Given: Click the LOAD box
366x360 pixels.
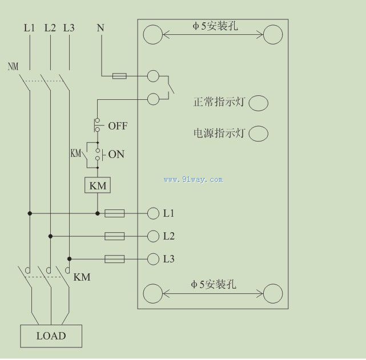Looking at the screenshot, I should tap(51, 336).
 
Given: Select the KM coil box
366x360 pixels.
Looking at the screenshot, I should tap(97, 185).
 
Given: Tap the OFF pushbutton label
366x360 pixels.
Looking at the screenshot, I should tap(118, 126).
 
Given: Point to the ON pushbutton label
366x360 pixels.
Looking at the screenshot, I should tap(116, 154).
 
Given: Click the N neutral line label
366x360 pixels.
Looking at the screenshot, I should tap(100, 27).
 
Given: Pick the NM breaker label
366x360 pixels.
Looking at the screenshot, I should tap(13, 66).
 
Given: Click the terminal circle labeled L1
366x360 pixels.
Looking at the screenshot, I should tap(153, 213).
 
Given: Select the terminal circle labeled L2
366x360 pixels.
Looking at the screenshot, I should tap(153, 236).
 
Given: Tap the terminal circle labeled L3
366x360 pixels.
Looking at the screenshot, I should tap(153, 259).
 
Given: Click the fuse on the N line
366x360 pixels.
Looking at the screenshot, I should tap(119, 75).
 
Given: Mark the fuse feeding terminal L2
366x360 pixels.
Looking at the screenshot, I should tap(115, 236).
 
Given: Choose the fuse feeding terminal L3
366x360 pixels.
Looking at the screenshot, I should tap(115, 259).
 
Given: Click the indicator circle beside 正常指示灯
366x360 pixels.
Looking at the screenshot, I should tap(259, 103).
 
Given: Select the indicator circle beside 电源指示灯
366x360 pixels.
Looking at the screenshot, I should tap(259, 133).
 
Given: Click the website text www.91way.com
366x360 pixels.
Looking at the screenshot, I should tap(193, 180).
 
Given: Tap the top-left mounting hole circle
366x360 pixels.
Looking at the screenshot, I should tap(153, 34).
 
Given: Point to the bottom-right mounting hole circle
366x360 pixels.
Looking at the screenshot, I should tap(273, 294).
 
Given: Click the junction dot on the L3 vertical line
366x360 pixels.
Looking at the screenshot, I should tap(69, 258).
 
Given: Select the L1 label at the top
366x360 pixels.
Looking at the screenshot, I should tap(29, 27).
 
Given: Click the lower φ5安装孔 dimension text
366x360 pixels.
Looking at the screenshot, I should tap(214, 284).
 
